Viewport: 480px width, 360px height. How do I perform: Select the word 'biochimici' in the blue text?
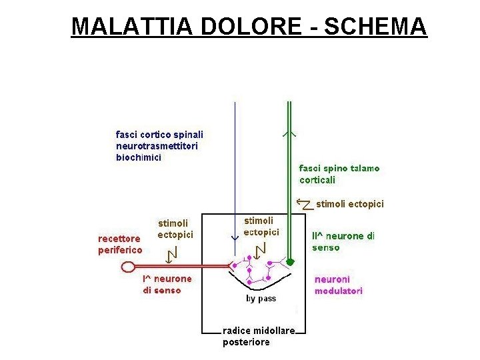pyautogui.click(x=139, y=158)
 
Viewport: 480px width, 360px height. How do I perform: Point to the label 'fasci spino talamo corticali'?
pyautogui.click(x=339, y=174)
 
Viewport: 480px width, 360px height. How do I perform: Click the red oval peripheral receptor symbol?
pyautogui.click(x=129, y=267)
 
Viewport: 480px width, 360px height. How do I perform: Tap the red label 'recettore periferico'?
pyautogui.click(x=121, y=244)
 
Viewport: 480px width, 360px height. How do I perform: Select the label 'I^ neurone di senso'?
pyautogui.click(x=167, y=284)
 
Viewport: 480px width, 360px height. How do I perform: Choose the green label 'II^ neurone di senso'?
pyautogui.click(x=343, y=241)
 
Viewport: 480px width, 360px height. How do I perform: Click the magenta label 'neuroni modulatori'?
pyautogui.click(x=339, y=285)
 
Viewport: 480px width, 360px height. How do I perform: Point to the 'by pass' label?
pyautogui.click(x=261, y=299)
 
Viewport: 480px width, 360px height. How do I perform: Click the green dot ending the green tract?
pyautogui.click(x=289, y=261)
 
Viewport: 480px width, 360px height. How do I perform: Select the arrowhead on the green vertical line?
pyautogui.click(x=289, y=133)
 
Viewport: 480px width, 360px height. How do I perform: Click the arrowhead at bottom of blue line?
pyautogui.click(x=235, y=237)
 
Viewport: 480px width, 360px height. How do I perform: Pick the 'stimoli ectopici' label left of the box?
pyautogui.click(x=175, y=229)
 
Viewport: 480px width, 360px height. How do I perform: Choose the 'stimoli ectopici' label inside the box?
pyautogui.click(x=261, y=226)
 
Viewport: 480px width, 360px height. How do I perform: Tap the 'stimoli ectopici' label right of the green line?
pyautogui.click(x=349, y=204)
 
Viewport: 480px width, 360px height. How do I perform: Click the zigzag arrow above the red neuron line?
pyautogui.click(x=173, y=253)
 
